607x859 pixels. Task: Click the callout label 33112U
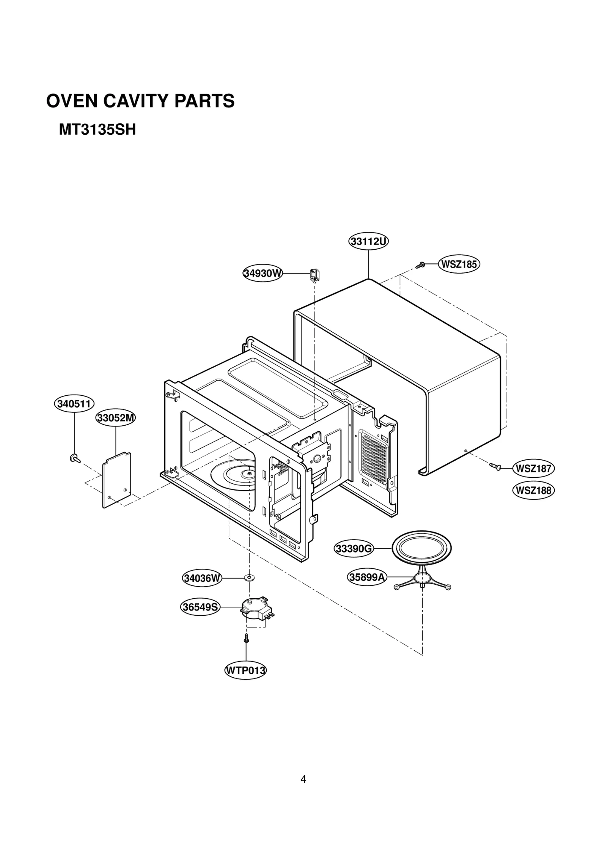(368, 241)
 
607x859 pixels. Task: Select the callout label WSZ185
(459, 264)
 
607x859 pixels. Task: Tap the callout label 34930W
(263, 273)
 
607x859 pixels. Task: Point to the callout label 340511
(74, 404)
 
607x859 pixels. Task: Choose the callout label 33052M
(115, 418)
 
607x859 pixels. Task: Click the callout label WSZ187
(533, 469)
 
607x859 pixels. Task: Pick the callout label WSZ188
(533, 491)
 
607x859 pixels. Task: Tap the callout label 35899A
(367, 577)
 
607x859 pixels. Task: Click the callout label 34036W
(202, 579)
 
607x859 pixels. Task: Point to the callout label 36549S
(200, 607)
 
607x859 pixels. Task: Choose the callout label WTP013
(245, 670)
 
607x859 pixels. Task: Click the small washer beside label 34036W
(249, 578)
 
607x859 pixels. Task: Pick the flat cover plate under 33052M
(117, 480)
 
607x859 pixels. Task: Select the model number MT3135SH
(97, 130)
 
